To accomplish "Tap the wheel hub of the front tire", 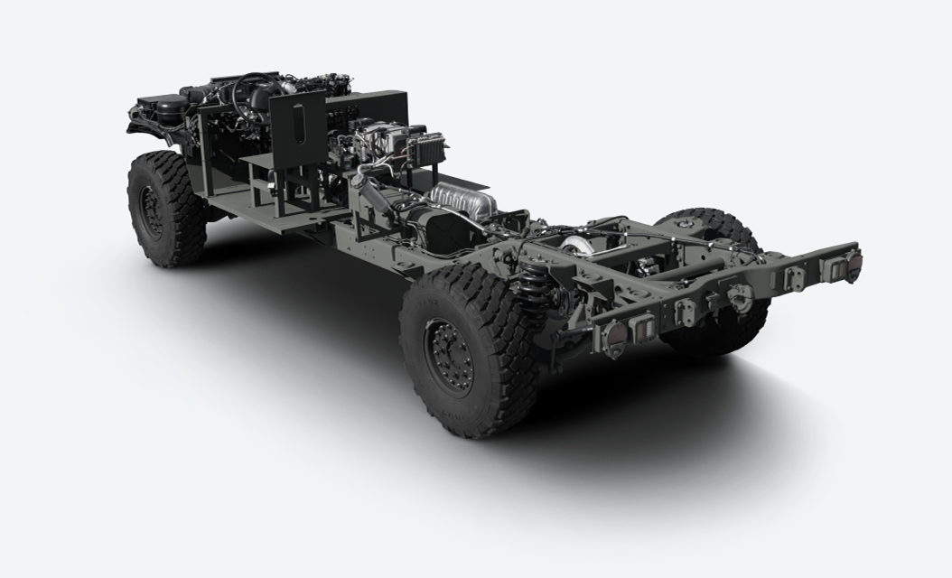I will (x=151, y=211).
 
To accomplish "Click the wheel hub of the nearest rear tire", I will (x=448, y=355).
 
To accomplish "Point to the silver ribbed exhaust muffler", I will (x=462, y=199).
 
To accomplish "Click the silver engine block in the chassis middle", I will (x=379, y=144).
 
